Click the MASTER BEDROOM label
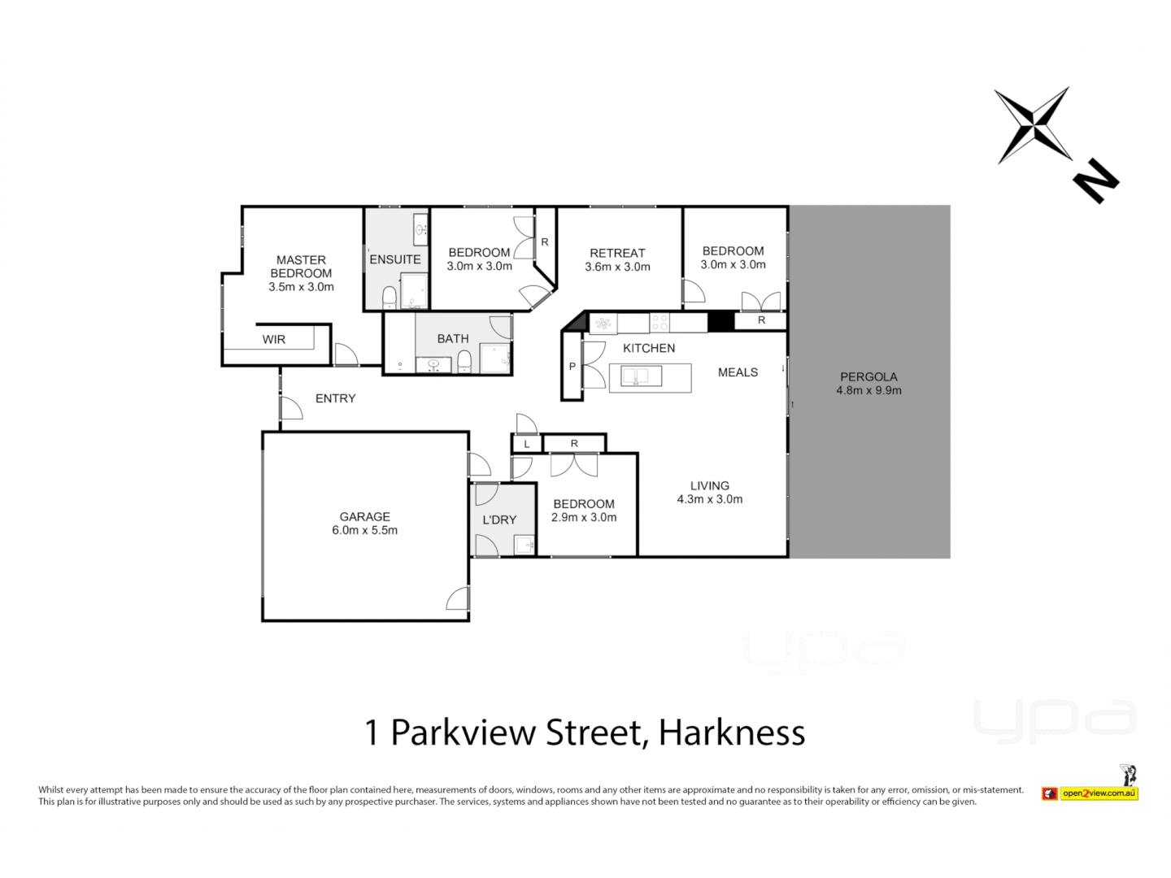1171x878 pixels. point(301,267)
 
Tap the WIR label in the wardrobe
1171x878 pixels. point(274,339)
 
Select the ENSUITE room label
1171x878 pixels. point(395,259)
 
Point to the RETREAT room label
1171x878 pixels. point(617,253)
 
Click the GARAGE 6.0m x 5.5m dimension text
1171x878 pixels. point(364,530)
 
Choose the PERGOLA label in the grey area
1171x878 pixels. point(868,377)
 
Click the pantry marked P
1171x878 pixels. point(572,367)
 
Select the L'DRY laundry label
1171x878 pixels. point(499,519)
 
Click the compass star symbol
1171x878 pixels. point(1033,125)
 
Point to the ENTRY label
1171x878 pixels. point(336,398)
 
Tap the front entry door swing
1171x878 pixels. point(290,408)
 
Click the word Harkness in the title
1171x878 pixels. point(732,732)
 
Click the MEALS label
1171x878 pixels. point(738,372)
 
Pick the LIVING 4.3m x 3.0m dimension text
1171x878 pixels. point(709,499)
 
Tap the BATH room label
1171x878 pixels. point(453,338)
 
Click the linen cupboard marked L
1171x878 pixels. point(526,444)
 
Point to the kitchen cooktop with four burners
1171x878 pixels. point(660,324)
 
